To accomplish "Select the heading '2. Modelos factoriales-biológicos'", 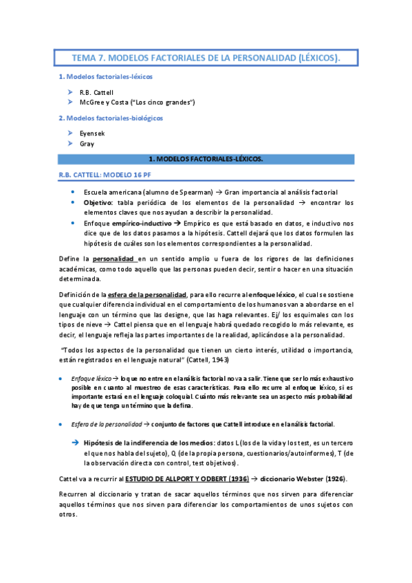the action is (110, 118).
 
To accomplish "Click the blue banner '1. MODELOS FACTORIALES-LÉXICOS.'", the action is (206, 159).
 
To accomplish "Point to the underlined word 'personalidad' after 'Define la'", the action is (113, 258).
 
